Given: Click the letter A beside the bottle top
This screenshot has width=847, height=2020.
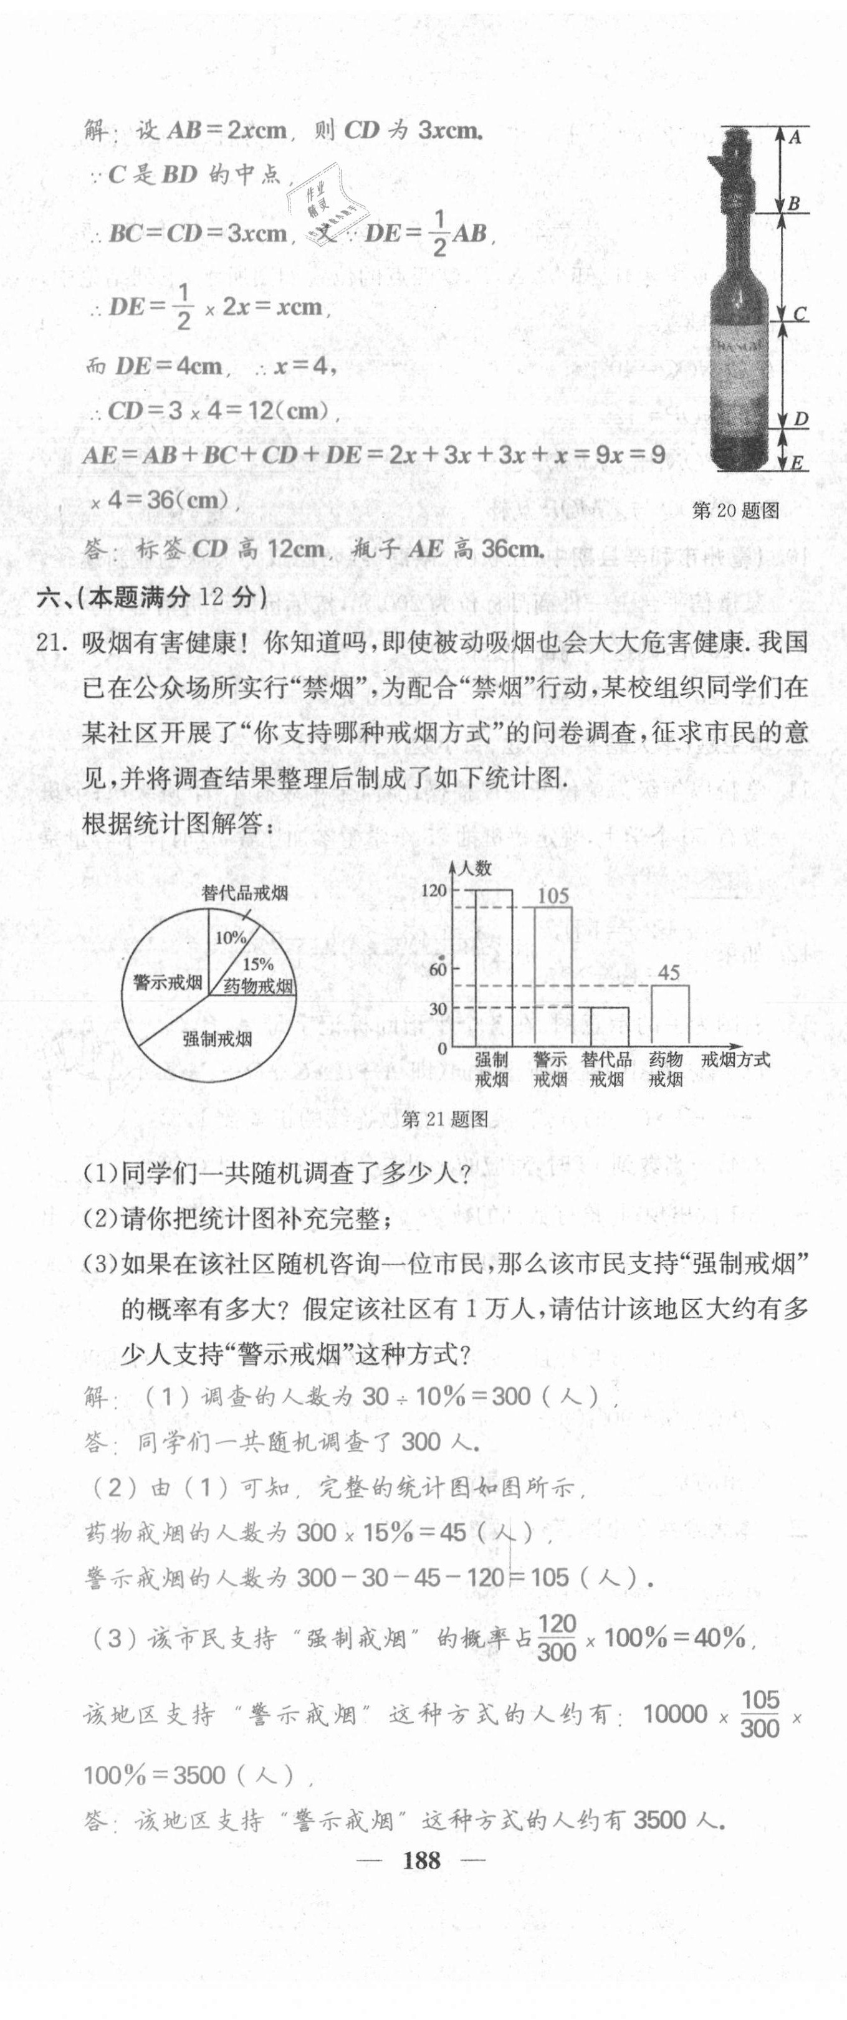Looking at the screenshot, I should coord(795,137).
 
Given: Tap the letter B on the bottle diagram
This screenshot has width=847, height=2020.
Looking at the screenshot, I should coord(793,204).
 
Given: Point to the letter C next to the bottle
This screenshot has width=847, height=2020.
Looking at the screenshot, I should coord(799,315).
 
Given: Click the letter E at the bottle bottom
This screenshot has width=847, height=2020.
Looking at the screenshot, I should coord(797,463).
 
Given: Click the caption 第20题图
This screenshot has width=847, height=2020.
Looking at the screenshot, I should coord(735,510).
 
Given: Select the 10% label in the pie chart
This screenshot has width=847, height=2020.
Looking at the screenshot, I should coord(231,938).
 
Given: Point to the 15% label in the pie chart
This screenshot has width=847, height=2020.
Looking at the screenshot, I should coord(257,965).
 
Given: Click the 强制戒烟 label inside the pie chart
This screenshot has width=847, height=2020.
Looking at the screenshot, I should coord(218,1039).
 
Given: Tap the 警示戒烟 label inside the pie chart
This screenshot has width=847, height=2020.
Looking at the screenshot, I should coord(168,983).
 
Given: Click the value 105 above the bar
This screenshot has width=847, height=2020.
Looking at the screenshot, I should coord(553,895).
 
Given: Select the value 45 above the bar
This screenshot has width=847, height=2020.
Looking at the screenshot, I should coord(668,973).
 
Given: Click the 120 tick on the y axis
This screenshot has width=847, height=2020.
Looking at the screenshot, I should coord(433,890).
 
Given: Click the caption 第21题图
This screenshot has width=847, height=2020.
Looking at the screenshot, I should coord(444,1119).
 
